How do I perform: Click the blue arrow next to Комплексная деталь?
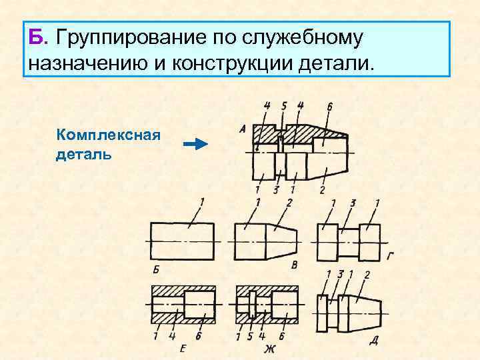(195, 144)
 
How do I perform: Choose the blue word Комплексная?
(109, 135)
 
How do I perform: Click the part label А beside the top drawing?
(242, 129)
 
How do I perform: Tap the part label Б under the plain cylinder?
(156, 270)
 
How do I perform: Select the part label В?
(295, 265)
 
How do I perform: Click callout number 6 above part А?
(329, 106)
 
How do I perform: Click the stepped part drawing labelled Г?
(349, 241)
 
